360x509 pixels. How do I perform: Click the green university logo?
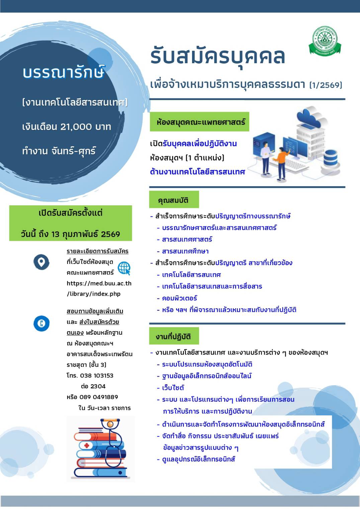325,41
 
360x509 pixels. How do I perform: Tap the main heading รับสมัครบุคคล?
217,56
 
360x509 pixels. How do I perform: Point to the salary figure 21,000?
76,127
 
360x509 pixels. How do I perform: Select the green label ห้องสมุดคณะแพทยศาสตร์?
199,122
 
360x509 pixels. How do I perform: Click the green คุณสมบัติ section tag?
174,200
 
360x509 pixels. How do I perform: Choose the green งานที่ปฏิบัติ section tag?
174,336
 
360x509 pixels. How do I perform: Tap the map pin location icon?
41,262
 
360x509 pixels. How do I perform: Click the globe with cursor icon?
124,268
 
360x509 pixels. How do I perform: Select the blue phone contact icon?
41,323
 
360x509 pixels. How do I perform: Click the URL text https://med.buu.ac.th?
99,283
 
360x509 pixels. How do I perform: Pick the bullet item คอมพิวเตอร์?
180,298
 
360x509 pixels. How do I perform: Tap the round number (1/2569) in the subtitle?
326,85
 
